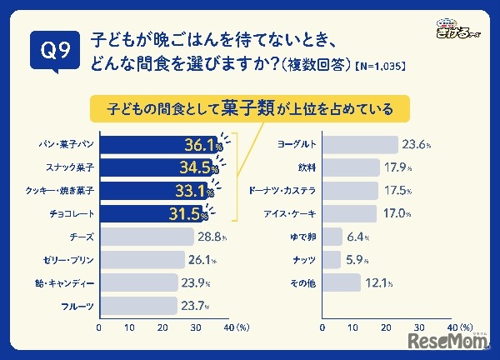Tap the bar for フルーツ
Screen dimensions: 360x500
138,306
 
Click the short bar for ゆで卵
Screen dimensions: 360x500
332,236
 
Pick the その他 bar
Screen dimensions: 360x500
341,283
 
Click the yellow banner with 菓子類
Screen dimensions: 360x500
251,108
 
